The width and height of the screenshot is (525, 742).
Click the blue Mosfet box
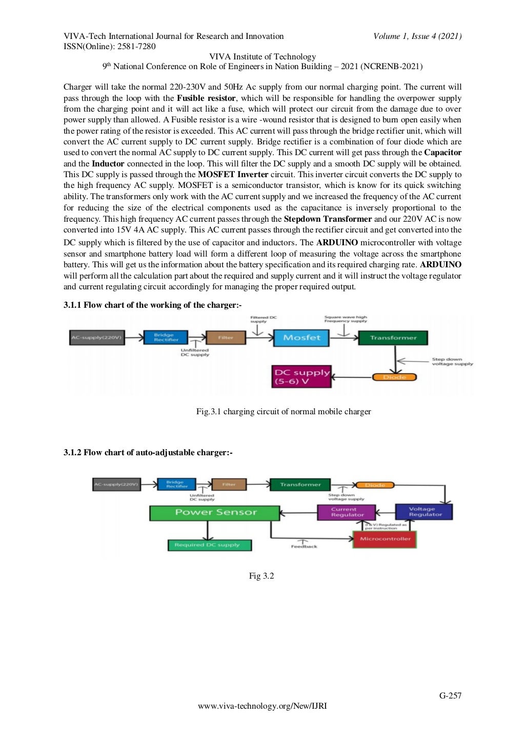point(301,338)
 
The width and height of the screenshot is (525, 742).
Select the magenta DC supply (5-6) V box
point(301,377)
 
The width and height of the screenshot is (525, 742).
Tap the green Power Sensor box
point(215,513)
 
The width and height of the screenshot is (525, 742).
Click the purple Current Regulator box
point(347,512)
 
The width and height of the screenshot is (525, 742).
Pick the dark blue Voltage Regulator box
point(424,512)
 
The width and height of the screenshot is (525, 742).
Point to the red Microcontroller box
point(385,539)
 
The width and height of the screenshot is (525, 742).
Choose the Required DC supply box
point(209,545)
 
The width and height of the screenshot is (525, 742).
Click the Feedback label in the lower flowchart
point(304,547)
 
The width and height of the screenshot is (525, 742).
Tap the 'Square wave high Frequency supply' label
point(346,319)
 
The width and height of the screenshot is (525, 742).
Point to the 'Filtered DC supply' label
point(263,319)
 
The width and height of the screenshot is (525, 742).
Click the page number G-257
point(450,695)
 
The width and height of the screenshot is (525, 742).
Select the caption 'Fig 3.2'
point(261,576)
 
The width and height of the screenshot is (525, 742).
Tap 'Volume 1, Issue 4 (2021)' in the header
point(417,36)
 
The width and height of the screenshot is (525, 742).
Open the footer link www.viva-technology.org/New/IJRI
point(262,706)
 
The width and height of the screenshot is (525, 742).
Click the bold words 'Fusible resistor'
point(206,98)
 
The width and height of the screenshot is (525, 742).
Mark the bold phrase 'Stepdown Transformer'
point(328,219)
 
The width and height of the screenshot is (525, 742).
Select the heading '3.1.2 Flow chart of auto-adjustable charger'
point(148,453)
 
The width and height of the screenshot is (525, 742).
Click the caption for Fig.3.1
point(284,412)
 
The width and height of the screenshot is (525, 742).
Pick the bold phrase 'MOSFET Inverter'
point(233,175)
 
